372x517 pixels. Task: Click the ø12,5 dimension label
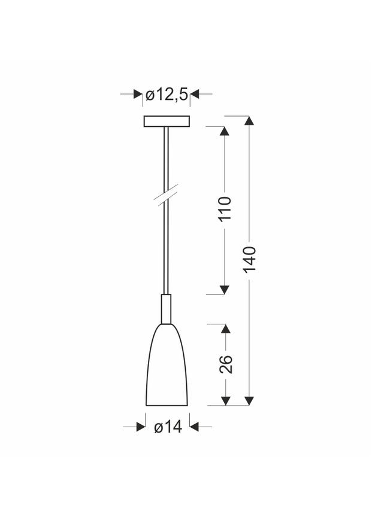[x=167, y=94]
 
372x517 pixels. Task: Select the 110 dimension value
[x=225, y=208]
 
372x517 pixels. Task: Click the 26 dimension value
[x=226, y=364]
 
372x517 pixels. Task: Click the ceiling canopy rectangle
[x=167, y=121]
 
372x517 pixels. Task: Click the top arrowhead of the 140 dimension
[x=250, y=119]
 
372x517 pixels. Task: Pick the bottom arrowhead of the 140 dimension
[x=250, y=400]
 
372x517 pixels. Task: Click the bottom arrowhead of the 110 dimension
[x=225, y=289]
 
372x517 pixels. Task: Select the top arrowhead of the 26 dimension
[x=225, y=330]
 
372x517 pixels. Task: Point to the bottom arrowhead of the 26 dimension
[x=225, y=400]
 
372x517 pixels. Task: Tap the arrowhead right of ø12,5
[x=195, y=94]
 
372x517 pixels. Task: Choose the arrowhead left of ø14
[x=141, y=427]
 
